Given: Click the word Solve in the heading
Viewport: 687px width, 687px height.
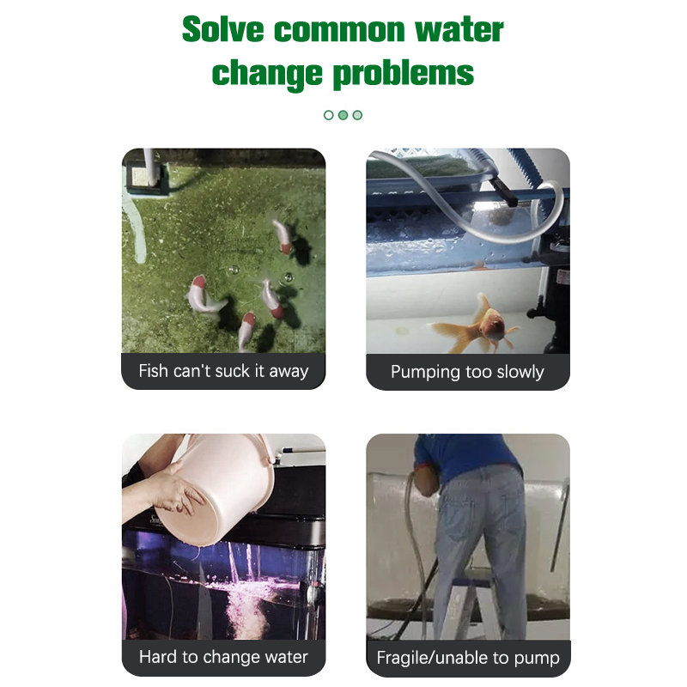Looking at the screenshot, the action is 222,30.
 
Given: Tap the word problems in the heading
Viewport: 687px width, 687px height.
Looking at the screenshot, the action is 404,73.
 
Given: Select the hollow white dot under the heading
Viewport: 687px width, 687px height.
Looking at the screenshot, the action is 329,115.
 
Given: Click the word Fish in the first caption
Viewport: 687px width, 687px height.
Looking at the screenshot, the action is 154,371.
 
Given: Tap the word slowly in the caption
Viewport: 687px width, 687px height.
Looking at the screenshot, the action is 520,372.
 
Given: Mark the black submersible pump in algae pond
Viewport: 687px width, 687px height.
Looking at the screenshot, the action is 144,179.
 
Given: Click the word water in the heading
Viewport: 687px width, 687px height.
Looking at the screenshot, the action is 459,30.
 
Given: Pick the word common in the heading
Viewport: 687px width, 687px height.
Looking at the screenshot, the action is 339,31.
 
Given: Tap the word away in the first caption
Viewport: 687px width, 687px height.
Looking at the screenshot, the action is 289,372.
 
